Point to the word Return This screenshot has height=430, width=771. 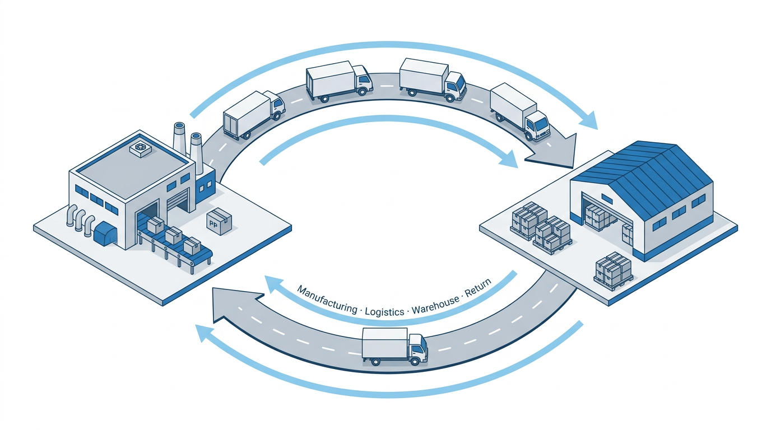[x=477, y=286]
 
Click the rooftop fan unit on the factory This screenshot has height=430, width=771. [x=140, y=148]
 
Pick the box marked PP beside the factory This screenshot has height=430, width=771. [x=219, y=221]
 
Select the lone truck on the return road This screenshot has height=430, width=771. [x=394, y=346]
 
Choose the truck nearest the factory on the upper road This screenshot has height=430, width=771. [x=253, y=114]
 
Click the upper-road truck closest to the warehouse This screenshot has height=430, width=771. [x=519, y=111]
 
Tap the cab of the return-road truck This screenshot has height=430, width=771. [x=417, y=348]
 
